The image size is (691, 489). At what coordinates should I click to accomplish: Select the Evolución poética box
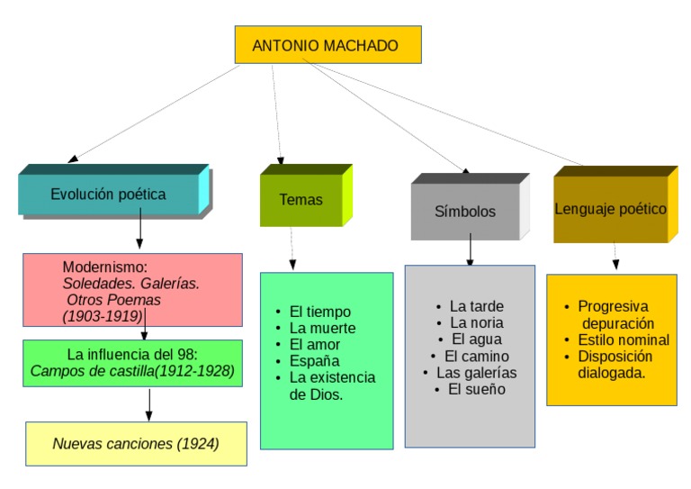[x=108, y=194]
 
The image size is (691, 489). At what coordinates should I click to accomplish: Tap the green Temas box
[x=301, y=200]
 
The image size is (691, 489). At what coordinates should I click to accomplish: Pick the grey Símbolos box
[x=465, y=212]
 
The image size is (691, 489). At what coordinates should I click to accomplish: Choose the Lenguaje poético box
[x=610, y=209]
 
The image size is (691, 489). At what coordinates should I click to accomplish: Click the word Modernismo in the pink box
[x=104, y=267]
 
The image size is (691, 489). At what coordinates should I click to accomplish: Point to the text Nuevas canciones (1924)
[x=136, y=443]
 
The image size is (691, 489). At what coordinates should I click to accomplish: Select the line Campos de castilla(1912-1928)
[x=132, y=370]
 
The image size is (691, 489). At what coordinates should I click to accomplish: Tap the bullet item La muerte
[x=322, y=328]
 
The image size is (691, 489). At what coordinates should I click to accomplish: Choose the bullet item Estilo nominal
[x=624, y=340]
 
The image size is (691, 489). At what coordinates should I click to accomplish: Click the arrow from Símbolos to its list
[x=470, y=249]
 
